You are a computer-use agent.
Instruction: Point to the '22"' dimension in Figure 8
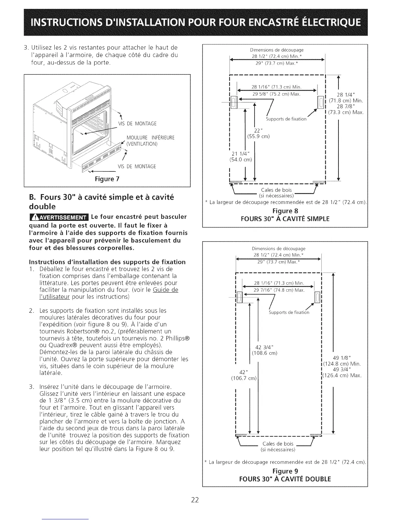coord(258,130)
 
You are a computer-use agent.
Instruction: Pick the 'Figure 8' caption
coord(285,211)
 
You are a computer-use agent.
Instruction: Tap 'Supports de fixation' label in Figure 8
coord(286,119)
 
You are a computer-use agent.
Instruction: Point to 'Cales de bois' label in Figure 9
coord(278,444)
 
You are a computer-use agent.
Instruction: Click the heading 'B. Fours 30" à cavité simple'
coord(102,197)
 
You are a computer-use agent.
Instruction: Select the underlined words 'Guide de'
coord(166,290)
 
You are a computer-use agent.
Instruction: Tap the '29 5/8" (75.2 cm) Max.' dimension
coord(276,94)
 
